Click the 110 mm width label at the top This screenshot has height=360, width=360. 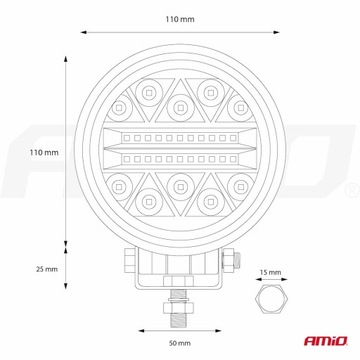tap(179, 18)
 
